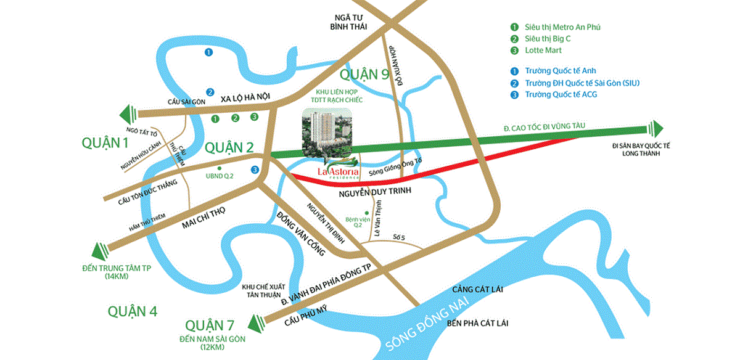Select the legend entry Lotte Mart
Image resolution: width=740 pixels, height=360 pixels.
tap(543, 51)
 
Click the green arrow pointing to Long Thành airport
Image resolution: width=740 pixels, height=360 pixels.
tap(656, 128)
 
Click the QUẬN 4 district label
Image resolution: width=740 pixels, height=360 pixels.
tap(132, 311)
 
